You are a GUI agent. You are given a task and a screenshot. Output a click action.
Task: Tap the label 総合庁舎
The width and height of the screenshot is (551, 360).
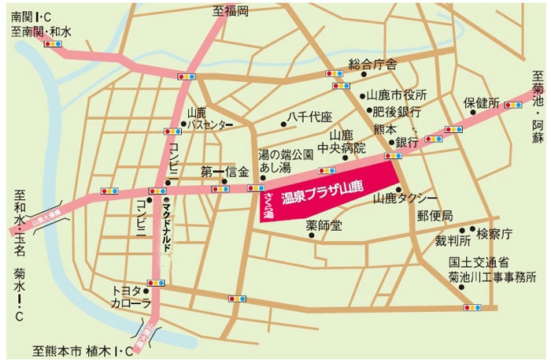(x=373, y=63)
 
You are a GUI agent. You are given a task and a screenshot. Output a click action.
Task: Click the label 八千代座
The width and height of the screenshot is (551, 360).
(x=310, y=117)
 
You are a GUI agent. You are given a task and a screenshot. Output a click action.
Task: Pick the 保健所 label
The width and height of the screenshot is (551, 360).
(x=481, y=103)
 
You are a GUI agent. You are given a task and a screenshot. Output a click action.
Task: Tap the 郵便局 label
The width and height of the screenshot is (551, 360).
(x=435, y=216)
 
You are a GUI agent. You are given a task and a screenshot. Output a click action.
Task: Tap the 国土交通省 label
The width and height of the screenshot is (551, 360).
(x=479, y=262)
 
